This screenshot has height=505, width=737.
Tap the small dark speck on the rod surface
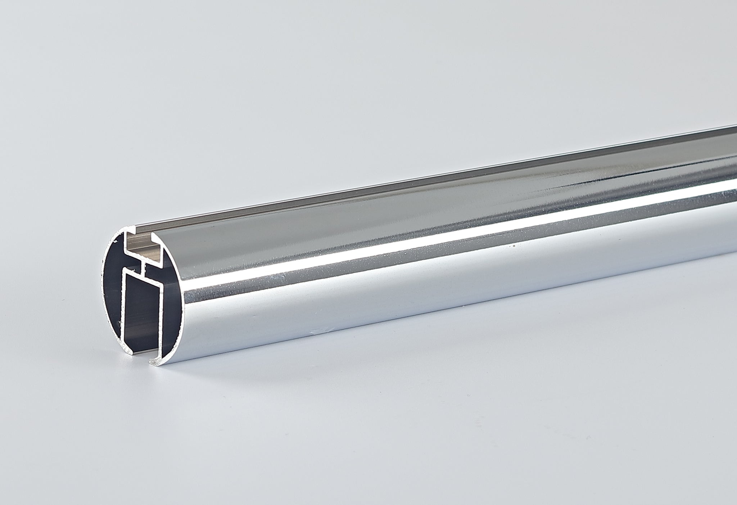[514, 246]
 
